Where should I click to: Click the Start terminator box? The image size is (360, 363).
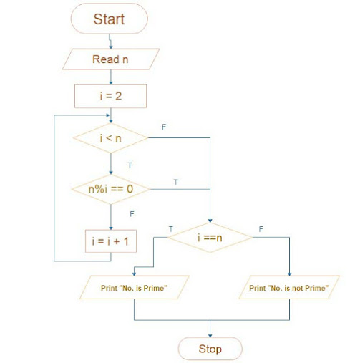pos(110,19)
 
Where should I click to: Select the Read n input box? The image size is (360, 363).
pos(110,59)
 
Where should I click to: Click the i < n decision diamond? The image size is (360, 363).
pos(110,137)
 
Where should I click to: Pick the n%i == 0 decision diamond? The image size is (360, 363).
pos(110,190)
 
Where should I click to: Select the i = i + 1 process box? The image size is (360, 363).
pos(110,241)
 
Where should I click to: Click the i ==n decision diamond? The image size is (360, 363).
pos(210,236)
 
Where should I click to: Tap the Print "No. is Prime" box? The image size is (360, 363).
pos(135,288)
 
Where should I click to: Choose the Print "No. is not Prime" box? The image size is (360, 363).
pos(288,288)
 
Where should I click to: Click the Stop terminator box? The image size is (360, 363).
pos(210,349)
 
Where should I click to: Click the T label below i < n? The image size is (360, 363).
pos(130,165)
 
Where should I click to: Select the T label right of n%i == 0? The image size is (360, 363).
pos(175,182)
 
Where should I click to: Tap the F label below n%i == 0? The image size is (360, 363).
pos(131,213)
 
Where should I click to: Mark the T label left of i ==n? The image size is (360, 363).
pos(170,228)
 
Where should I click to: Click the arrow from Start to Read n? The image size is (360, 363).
pos(110,41)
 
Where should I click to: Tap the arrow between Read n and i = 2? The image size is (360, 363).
pos(110,77)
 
